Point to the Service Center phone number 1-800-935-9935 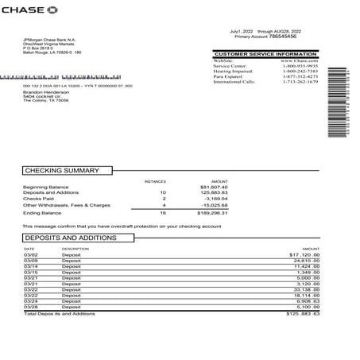pos(299,65)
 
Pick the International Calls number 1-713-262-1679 pos(300,81)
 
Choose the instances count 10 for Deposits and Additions pos(162,193)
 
